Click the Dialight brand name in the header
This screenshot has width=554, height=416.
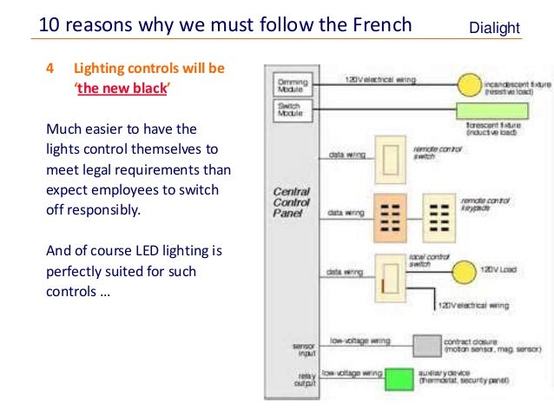pos(494,29)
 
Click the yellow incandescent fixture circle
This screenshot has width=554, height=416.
pos(469,84)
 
